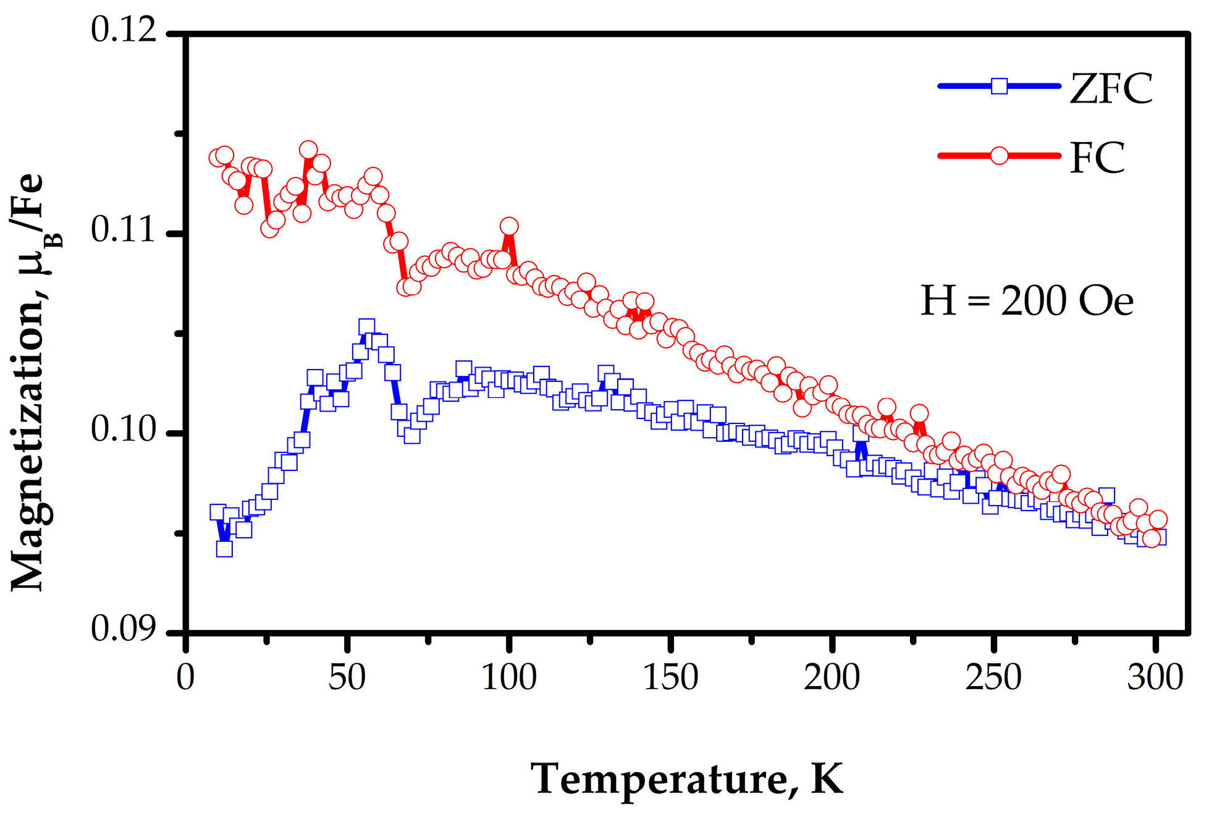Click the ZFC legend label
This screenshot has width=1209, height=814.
(1111, 89)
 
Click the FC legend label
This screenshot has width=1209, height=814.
(1097, 158)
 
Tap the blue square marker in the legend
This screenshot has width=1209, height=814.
(999, 86)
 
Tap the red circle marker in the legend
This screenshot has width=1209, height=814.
(999, 156)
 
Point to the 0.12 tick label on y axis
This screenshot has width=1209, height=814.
(124, 31)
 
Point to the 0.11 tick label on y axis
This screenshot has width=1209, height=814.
(124, 231)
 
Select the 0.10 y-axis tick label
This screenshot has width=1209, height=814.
(124, 430)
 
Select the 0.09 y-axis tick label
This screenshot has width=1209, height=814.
(124, 630)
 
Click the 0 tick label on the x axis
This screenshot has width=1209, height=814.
(185, 677)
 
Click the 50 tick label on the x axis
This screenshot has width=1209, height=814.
(347, 677)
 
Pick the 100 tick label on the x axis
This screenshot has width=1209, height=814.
(508, 677)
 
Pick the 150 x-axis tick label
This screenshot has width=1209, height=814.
(670, 677)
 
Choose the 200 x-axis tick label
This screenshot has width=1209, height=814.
(832, 677)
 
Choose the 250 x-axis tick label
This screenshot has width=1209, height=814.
(993, 677)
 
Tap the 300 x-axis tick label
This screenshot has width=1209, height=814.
(1155, 677)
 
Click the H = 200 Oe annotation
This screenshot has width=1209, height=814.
(1027, 302)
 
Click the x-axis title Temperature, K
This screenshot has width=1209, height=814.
(686, 779)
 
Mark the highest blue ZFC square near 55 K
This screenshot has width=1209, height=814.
(366, 327)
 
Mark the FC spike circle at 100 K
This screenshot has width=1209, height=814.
(509, 226)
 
